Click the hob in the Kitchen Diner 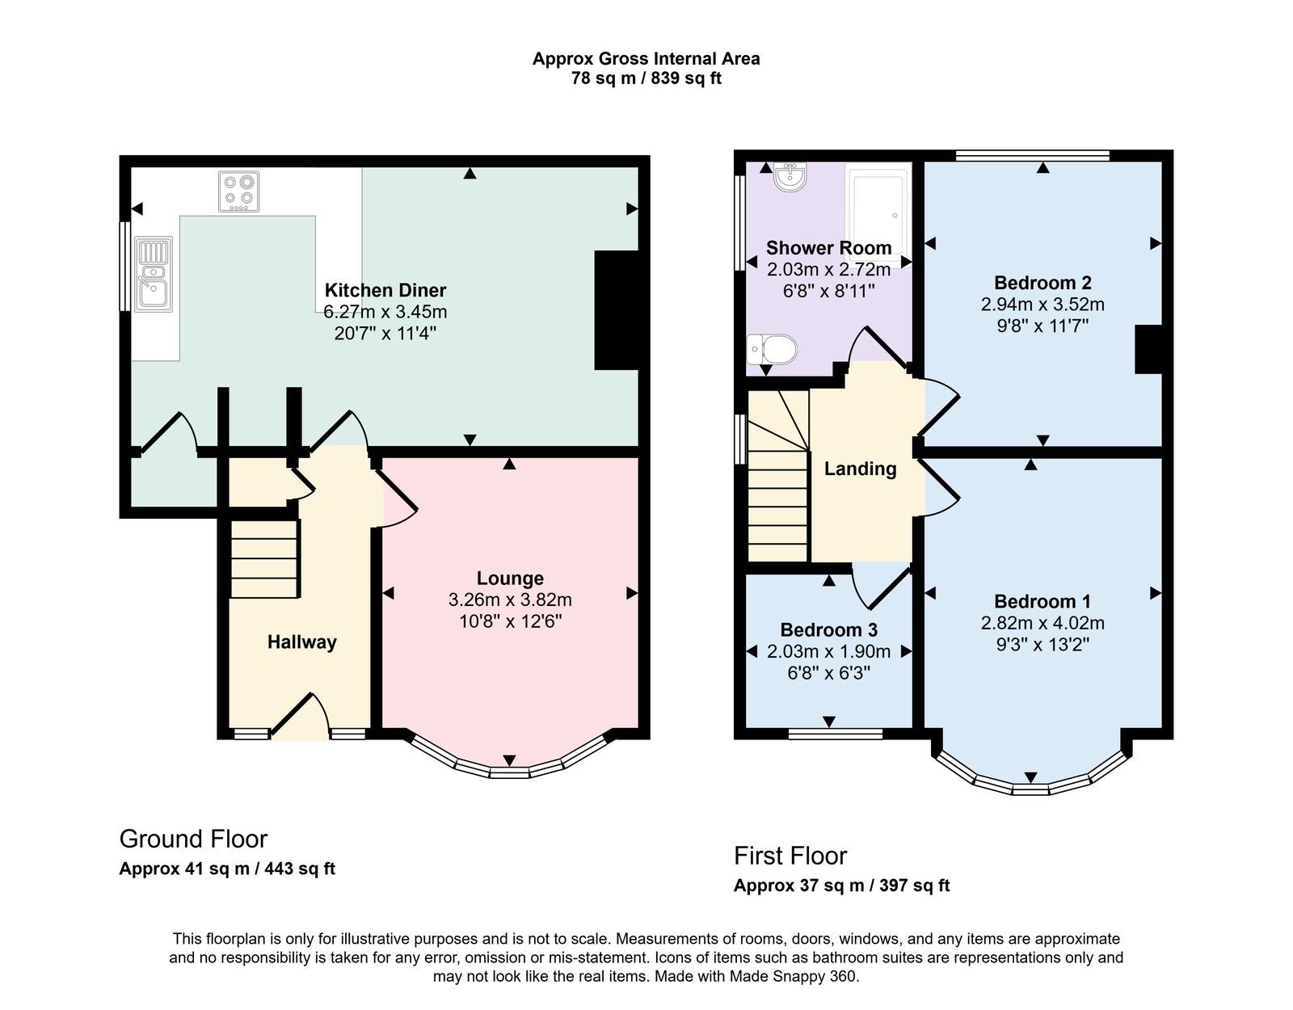pos(238,191)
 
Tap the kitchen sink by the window pos(154,274)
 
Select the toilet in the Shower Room pos(772,349)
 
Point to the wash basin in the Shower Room pos(790,178)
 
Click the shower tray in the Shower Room pos(878,215)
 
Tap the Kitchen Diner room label pos(385,290)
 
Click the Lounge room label pos(510,579)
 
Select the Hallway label pos(301,642)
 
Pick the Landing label pos(860,469)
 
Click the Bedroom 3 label pos(828,630)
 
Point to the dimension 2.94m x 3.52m pos(1042,305)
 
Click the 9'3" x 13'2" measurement pos(1042,645)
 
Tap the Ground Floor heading pos(193,840)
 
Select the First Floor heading pos(790,856)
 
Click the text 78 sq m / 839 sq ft pos(646,78)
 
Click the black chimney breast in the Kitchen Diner pos(617,310)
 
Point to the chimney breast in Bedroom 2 pos(1149,349)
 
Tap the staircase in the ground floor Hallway pos(263,559)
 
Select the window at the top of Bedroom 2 pos(1033,156)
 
